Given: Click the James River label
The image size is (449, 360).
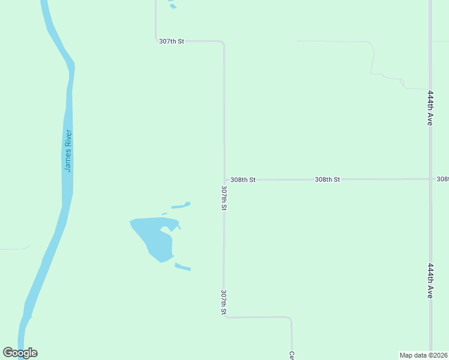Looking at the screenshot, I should (x=68, y=151).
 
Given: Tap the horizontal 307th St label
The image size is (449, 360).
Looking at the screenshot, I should (x=172, y=41).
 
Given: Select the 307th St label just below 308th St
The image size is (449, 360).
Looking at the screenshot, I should (x=224, y=197).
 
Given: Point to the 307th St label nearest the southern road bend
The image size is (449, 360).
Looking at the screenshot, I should (x=224, y=302).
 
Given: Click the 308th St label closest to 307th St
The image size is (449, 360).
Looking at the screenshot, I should (x=243, y=179).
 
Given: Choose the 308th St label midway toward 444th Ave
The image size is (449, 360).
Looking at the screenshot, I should (x=328, y=179).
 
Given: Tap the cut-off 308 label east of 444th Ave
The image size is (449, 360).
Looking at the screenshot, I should (x=443, y=179).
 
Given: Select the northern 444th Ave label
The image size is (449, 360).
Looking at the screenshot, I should (x=430, y=108).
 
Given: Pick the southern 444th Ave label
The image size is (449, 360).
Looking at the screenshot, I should (x=430, y=281).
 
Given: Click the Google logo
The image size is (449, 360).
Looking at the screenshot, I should (x=20, y=353).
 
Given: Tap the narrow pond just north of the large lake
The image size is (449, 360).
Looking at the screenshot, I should (x=181, y=205).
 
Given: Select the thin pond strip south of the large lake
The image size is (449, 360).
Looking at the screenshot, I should (x=182, y=267).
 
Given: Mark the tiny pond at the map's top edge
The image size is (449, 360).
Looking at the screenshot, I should (x=173, y=7).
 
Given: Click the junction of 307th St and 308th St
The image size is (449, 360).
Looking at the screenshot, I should (x=224, y=179).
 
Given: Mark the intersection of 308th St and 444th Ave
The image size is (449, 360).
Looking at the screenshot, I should (x=430, y=179).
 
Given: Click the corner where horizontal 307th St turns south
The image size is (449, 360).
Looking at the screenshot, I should (x=223, y=43).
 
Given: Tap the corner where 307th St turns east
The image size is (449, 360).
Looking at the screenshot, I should (x=225, y=316).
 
